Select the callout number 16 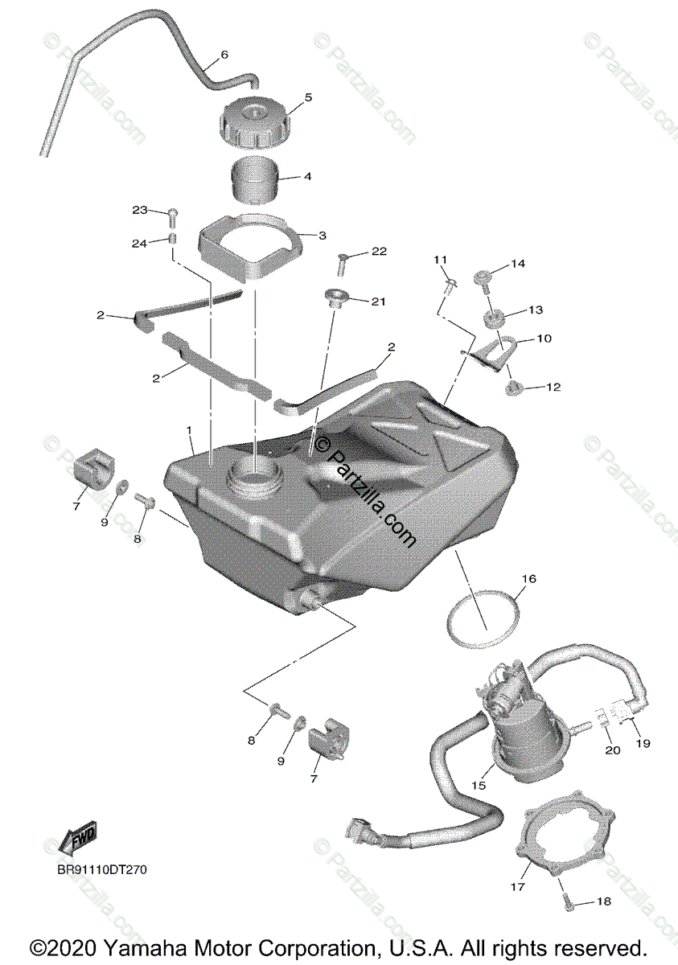(x=528, y=578)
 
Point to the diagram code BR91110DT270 (x=101, y=869)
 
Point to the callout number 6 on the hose (x=224, y=55)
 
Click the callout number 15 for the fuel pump (x=479, y=785)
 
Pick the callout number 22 (x=379, y=252)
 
